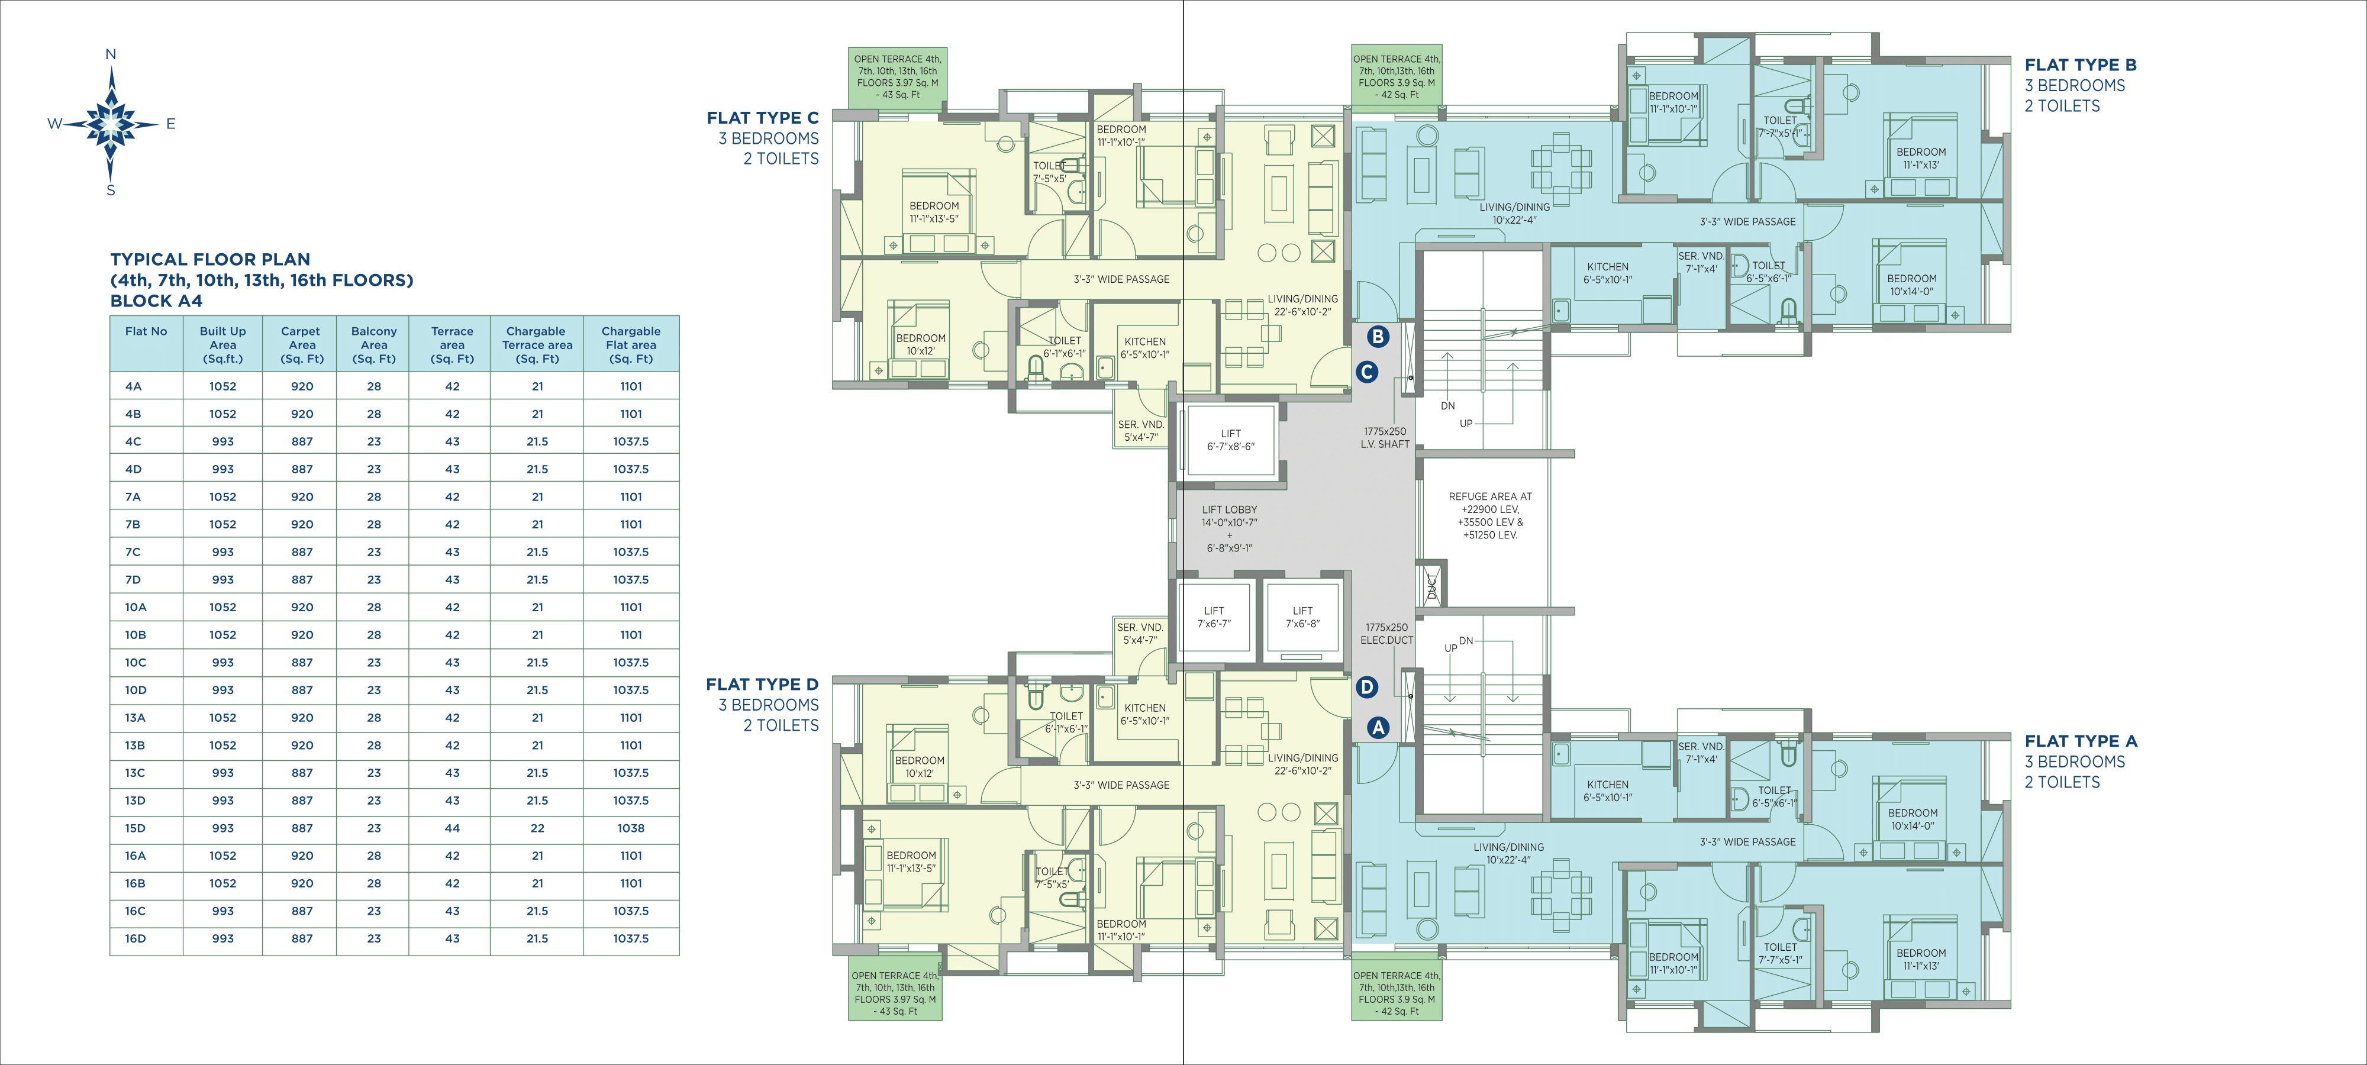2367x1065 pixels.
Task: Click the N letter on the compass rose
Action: pos(111,54)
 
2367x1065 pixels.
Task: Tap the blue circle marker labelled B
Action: pos(1378,336)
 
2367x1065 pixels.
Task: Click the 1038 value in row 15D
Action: pos(631,828)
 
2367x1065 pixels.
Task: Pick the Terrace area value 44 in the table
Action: pos(452,828)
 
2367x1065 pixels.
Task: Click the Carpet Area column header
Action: pos(301,344)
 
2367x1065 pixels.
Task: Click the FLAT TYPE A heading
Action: pos(2081,741)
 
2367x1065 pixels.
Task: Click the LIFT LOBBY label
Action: pos(1230,509)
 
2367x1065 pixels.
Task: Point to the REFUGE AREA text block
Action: pos(1491,515)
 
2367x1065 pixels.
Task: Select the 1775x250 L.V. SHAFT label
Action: pos(1385,437)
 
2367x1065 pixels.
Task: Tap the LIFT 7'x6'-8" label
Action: pos(1303,617)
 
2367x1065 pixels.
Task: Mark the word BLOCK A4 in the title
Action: pos(156,301)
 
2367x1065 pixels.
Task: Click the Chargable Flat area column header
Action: pos(631,344)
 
